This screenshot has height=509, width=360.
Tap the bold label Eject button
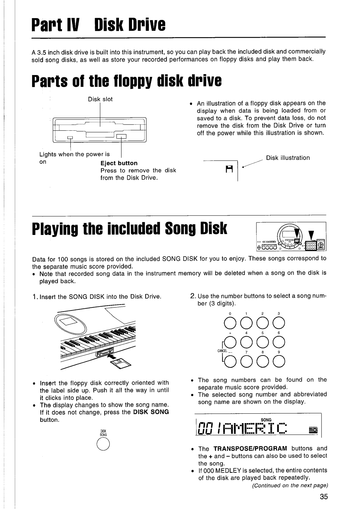click(x=119, y=163)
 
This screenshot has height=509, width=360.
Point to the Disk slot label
click(x=100, y=99)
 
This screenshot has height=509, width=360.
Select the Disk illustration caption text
click(x=288, y=158)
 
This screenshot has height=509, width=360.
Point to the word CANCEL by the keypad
click(x=222, y=351)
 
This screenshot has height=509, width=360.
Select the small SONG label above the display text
click(x=266, y=420)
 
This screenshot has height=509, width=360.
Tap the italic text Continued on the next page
click(x=290, y=485)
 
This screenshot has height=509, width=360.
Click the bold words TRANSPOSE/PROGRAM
click(x=250, y=449)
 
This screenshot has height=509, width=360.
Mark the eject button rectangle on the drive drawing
click(x=121, y=137)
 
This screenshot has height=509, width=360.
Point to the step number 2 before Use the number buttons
click(x=192, y=296)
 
